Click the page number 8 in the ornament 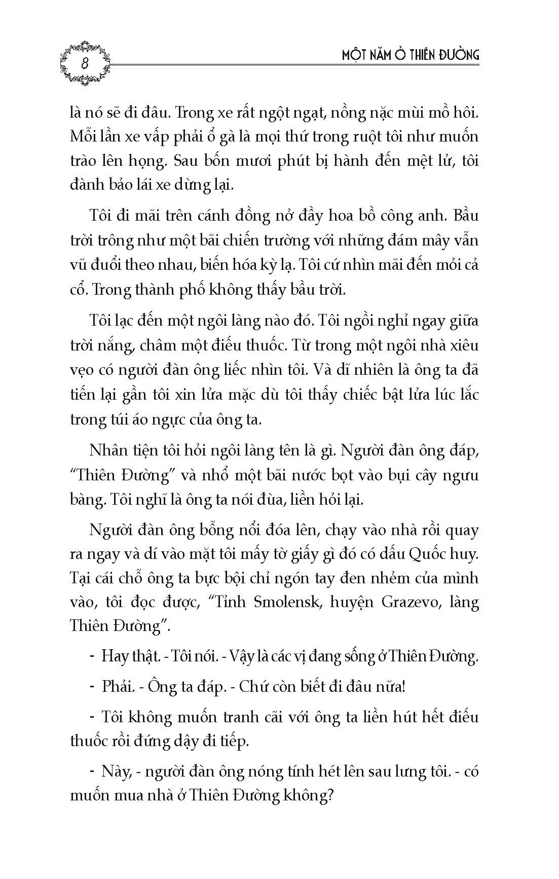point(85,64)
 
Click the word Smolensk point(282,602)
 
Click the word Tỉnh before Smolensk point(229,602)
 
